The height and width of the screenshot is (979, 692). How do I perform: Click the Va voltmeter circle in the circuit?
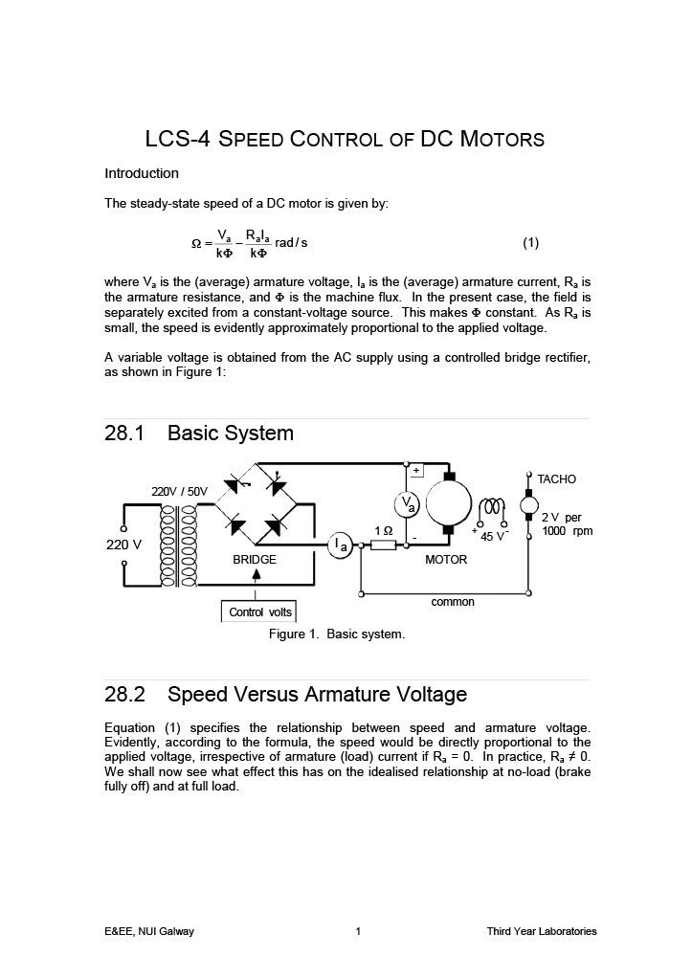pos(407,504)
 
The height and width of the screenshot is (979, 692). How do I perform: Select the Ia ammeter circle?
pos(340,545)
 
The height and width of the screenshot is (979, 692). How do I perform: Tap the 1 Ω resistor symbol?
pos(383,545)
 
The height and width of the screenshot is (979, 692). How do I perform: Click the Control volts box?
pos(259,612)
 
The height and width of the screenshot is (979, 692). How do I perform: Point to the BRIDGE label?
pos(255,560)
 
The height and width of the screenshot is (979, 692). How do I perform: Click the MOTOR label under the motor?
pos(446,560)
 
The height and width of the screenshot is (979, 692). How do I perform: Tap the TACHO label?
pos(556,478)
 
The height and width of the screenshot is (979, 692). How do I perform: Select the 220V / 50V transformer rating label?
pos(179,492)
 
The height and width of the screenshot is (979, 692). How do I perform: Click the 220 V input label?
pos(123,545)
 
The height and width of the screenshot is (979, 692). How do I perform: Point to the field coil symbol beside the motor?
pos(492,507)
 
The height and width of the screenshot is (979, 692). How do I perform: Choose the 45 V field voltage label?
pos(493,535)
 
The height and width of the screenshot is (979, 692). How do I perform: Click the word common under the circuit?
pos(453,602)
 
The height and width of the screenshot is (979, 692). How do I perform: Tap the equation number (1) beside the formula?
pos(530,242)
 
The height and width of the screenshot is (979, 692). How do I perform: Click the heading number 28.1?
pos(123,434)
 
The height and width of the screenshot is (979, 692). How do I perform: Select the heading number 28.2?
pos(123,695)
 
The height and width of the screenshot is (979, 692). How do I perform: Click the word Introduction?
pos(142,173)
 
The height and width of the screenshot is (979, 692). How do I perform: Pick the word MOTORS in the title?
pos(502,139)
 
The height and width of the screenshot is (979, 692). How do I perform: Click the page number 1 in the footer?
pos(358,931)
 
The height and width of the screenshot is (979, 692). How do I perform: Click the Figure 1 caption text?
pos(336,634)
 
